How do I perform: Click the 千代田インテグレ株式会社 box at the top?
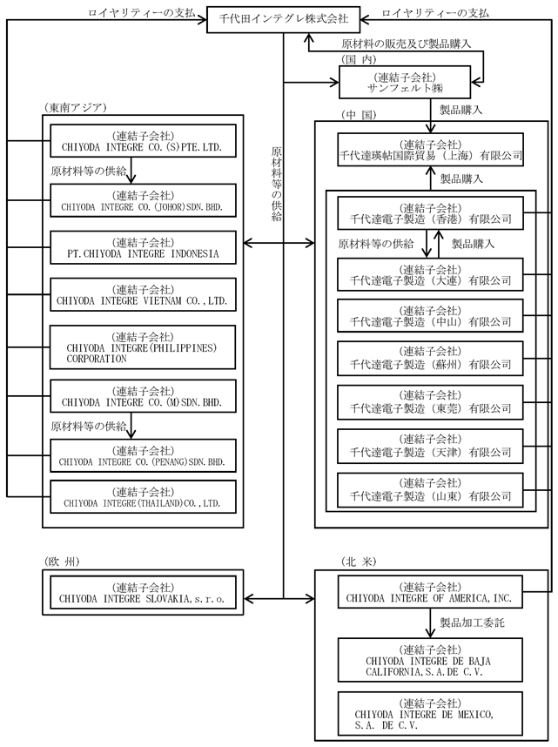click(x=284, y=19)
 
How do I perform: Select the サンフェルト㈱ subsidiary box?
click(x=405, y=82)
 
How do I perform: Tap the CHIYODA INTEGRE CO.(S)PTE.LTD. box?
click(x=143, y=141)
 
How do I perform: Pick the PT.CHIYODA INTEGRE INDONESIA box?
click(x=143, y=248)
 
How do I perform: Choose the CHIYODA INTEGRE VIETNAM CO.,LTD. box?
click(x=143, y=295)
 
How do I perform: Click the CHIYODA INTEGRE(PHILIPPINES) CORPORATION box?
click(x=143, y=347)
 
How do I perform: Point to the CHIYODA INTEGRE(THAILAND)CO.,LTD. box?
click(x=143, y=497)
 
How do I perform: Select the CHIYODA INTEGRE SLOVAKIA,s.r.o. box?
click(x=143, y=593)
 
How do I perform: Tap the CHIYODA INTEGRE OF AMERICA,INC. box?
click(x=430, y=592)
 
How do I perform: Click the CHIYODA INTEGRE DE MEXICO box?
click(x=430, y=714)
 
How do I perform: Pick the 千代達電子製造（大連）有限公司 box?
click(x=430, y=274)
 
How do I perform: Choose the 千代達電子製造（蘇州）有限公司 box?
click(x=430, y=358)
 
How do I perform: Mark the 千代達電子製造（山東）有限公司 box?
click(x=430, y=490)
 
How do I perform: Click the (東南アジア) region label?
click(x=74, y=108)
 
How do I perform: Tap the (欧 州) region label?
click(x=62, y=562)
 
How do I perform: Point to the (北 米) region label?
click(x=359, y=562)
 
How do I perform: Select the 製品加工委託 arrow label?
click(x=472, y=622)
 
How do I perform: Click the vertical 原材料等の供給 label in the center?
click(x=276, y=184)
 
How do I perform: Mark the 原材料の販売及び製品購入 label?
click(x=406, y=44)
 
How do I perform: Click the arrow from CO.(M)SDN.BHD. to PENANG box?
click(x=131, y=426)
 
